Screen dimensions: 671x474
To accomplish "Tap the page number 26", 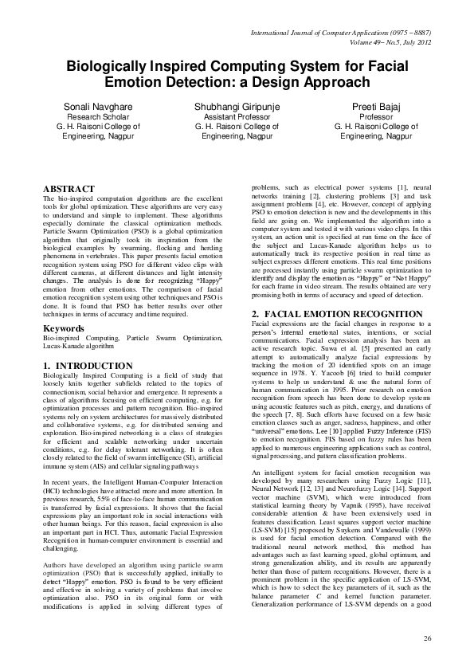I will (x=427, y=639).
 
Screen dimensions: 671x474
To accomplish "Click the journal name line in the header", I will (x=341, y=34).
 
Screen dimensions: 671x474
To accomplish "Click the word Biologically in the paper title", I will (x=107, y=68).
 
